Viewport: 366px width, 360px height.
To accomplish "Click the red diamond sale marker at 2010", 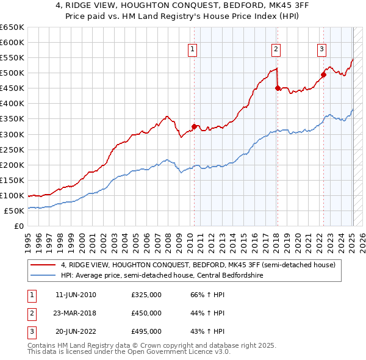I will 195,126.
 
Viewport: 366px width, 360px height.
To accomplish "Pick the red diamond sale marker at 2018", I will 278,88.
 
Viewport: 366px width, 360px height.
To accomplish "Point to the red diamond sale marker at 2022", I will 324,74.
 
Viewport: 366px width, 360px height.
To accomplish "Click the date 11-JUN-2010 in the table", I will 76,295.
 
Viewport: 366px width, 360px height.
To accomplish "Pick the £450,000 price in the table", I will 146,313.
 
